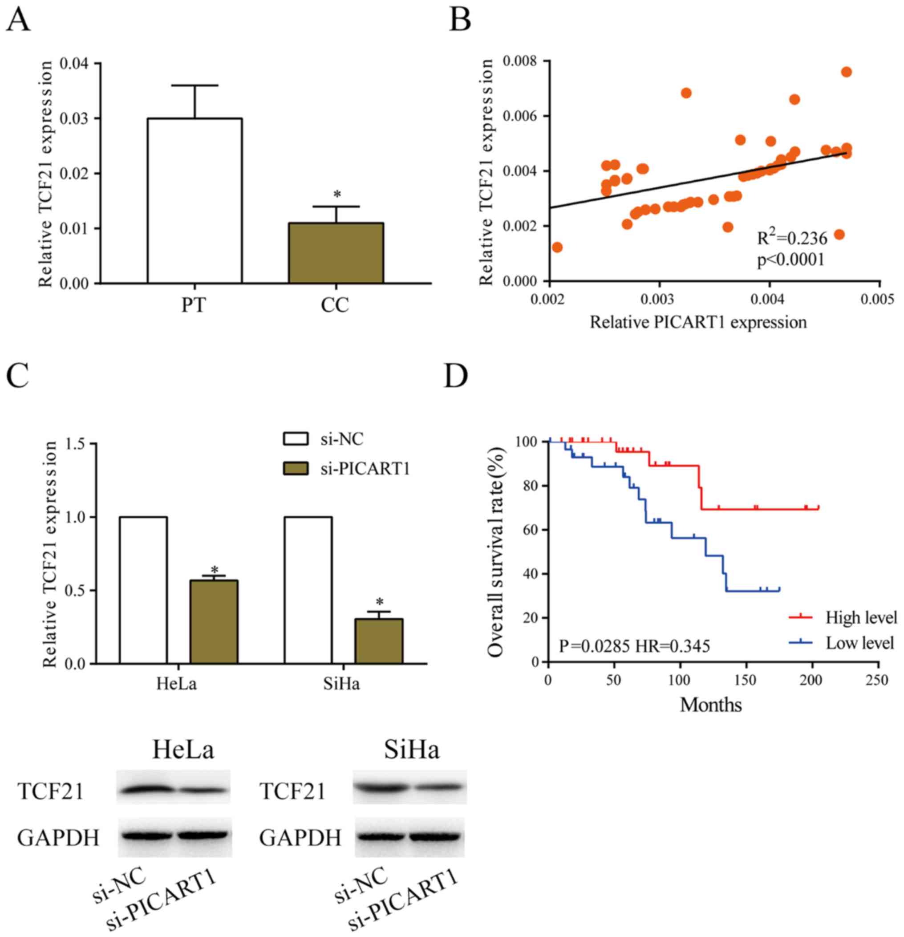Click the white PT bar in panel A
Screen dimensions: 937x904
[x=194, y=200]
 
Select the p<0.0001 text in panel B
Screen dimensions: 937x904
[x=790, y=260]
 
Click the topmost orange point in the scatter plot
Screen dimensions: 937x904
[x=846, y=72]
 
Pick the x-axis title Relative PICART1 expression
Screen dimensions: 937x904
[x=698, y=322]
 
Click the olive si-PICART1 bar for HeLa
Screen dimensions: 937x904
[x=214, y=621]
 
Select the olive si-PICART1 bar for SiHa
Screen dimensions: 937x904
[x=378, y=641]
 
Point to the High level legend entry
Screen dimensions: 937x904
[x=860, y=617]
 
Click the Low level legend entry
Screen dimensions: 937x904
[x=859, y=643]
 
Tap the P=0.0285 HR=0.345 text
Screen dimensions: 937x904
[x=634, y=646]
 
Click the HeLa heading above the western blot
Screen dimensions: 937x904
[x=183, y=750]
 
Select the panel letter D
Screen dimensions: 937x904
[x=456, y=376]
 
